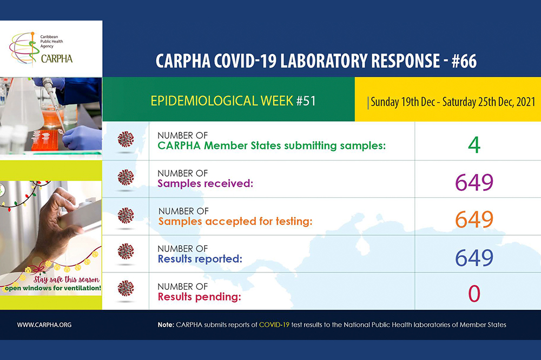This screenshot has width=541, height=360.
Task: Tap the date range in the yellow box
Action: [452, 101]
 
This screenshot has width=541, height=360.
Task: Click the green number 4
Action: [474, 144]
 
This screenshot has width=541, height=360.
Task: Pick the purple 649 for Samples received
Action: [474, 182]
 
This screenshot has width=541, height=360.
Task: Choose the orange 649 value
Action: [474, 219]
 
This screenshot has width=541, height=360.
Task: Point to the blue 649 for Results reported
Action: [474, 257]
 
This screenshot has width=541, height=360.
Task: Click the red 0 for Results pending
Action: [474, 294]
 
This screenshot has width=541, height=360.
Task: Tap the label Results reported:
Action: [200, 259]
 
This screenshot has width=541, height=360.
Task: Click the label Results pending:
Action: [199, 297]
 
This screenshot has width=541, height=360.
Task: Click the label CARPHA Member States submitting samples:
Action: [271, 145]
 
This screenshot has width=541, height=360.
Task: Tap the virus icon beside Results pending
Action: [126, 288]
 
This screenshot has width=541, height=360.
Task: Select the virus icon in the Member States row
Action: [126, 139]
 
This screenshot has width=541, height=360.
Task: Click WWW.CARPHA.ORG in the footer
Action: [44, 325]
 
